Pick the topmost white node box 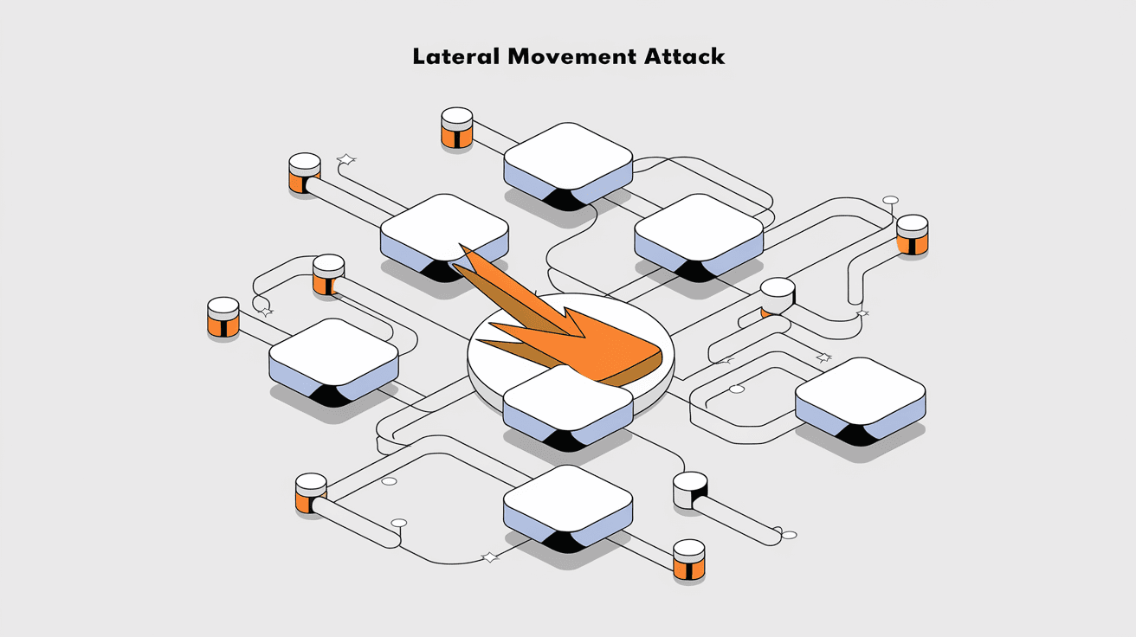[567, 156]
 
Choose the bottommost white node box [567, 499]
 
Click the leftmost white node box [333, 352]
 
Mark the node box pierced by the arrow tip [443, 227]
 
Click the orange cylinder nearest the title [456, 127]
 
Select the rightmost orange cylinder [912, 235]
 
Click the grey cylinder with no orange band [690, 490]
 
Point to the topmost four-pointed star [346, 159]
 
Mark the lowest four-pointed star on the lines [490, 557]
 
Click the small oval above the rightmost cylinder [890, 200]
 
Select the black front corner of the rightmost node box [859, 434]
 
